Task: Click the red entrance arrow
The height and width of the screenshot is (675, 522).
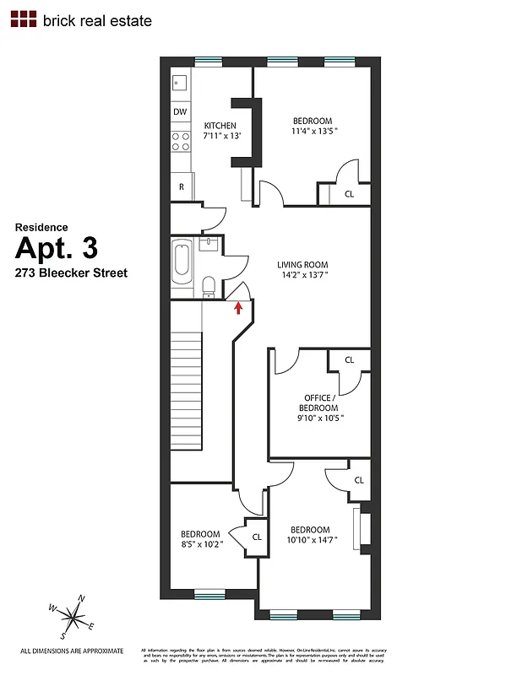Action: click(x=238, y=307)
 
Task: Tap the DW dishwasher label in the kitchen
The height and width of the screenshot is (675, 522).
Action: click(x=180, y=111)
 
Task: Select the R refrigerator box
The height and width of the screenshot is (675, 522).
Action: click(x=181, y=187)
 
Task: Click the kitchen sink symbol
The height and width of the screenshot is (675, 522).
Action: click(x=180, y=83)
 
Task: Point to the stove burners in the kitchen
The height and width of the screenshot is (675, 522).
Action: click(x=181, y=140)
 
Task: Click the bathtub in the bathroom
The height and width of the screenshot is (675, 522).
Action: click(x=182, y=262)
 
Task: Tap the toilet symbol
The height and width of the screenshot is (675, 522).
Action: click(x=209, y=285)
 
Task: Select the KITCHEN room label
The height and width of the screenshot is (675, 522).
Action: click(x=220, y=126)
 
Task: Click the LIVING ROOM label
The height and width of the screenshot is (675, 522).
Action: click(x=302, y=264)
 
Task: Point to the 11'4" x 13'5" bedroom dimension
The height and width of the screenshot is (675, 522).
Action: click(x=313, y=131)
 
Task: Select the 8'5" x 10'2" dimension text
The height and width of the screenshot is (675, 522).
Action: click(x=201, y=544)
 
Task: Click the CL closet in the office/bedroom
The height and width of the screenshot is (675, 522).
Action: click(x=350, y=360)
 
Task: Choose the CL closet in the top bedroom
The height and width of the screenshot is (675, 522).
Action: click(x=349, y=193)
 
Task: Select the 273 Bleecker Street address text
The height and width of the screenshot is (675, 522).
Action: click(x=72, y=273)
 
